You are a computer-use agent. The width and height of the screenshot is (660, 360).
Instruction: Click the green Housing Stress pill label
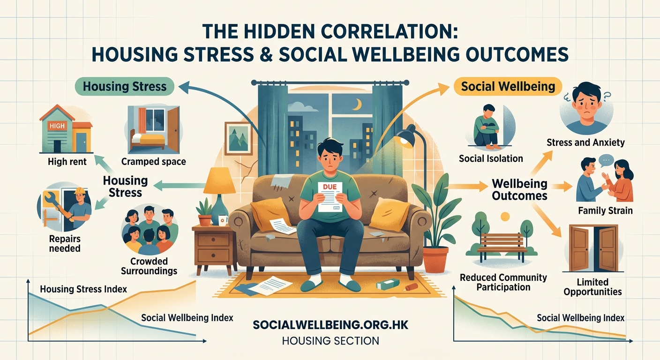pyautogui.click(x=124, y=87)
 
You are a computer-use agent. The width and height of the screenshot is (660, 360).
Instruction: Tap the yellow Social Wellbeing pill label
pyautogui.click(x=508, y=86)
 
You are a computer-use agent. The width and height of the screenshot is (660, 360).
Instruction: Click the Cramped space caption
pyautogui.click(x=153, y=162)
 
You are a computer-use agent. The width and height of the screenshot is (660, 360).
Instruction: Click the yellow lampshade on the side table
pyautogui.click(x=219, y=180)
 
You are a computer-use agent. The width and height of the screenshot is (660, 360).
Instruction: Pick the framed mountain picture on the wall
pyautogui.click(x=239, y=138)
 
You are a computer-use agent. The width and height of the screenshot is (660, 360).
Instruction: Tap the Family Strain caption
pyautogui.click(x=605, y=210)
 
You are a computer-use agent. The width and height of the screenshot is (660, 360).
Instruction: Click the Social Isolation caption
pyautogui.click(x=491, y=158)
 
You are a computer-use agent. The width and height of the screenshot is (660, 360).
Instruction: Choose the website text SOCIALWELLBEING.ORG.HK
pyautogui.click(x=330, y=324)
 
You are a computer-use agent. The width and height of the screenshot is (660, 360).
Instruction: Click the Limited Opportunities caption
pyautogui.click(x=592, y=287)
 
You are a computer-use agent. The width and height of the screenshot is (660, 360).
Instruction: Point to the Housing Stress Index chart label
pyautogui.click(x=83, y=289)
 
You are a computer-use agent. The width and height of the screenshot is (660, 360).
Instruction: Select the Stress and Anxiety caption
pyautogui.click(x=585, y=142)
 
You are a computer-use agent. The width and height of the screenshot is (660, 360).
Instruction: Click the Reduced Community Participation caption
pyautogui.click(x=503, y=282)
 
